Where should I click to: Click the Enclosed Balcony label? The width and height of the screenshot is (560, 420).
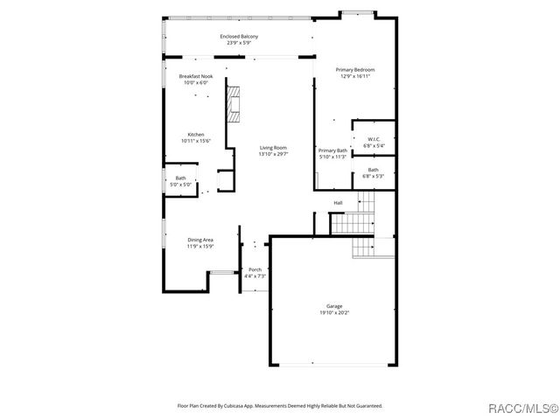[x=239, y=36]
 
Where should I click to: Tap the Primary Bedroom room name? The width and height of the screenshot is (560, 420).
[x=355, y=69]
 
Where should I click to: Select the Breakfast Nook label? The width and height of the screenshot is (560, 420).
[x=196, y=76]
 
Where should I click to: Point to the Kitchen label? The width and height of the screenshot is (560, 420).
[x=196, y=135]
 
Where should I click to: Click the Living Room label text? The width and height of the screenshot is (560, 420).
[x=273, y=148]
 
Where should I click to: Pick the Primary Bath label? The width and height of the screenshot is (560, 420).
[x=333, y=150]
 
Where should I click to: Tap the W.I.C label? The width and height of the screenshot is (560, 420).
[x=374, y=139]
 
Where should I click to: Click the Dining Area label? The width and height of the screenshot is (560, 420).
[x=200, y=240]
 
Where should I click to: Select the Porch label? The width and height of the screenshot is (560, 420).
[x=255, y=269]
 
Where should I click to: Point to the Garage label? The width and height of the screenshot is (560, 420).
[x=335, y=305]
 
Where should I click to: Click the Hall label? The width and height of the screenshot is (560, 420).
[x=338, y=203]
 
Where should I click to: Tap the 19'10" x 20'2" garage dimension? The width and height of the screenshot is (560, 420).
[x=335, y=311]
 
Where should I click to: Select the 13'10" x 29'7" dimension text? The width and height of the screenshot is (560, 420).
[x=273, y=154]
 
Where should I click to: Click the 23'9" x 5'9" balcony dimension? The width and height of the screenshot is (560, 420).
[x=239, y=42]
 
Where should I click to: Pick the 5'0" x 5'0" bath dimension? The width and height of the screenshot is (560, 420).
[x=179, y=185]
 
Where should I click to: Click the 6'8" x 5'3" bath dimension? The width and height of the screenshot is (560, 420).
[x=374, y=176]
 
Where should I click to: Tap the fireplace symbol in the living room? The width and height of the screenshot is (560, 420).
[x=233, y=106]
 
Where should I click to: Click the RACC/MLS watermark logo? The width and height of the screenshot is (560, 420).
[x=524, y=407]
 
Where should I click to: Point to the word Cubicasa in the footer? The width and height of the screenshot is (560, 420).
[x=231, y=406]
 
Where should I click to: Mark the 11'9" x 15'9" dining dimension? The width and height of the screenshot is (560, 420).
[x=200, y=247]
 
